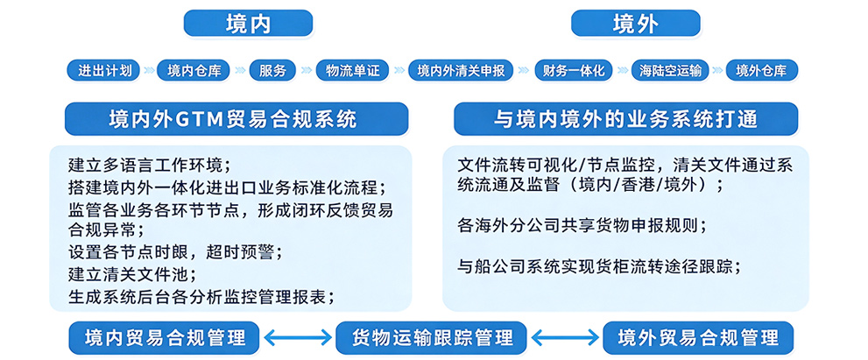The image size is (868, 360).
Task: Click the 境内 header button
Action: coord(248,24)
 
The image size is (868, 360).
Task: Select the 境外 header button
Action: coord(635,24)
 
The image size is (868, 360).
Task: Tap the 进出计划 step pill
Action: coord(104,70)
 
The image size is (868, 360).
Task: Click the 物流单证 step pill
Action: coord(352,70)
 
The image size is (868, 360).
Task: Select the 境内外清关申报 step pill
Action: coord(461,70)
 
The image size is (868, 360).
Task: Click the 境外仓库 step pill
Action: coord(761,70)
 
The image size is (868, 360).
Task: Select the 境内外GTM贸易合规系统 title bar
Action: coord(236,119)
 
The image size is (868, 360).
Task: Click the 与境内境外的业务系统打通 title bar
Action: coord(625,119)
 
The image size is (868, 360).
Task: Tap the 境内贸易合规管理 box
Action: coord(164,337)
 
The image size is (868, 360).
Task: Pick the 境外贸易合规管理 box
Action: coord(698,337)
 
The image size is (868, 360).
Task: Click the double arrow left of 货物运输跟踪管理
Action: coord(297,337)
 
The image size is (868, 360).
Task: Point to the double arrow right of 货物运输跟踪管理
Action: coord(564,337)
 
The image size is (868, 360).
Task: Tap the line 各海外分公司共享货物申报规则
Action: coord(582,224)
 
